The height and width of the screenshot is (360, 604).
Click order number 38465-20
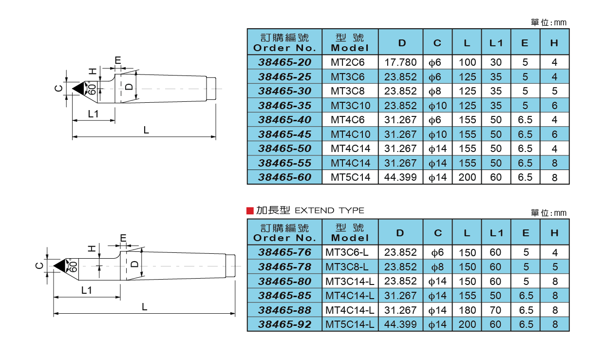pyautogui.click(x=284, y=62)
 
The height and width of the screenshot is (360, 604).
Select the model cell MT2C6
pyautogui.click(x=347, y=62)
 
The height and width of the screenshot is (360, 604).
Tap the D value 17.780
pyautogui.click(x=400, y=62)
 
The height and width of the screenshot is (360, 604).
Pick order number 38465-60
pyautogui.click(x=284, y=177)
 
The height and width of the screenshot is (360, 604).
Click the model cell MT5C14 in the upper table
pyautogui.click(x=350, y=177)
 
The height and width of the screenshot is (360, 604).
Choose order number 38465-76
pyautogui.click(x=284, y=252)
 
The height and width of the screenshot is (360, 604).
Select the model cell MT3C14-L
pyautogui.click(x=350, y=281)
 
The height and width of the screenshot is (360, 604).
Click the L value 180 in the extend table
pyautogui.click(x=467, y=310)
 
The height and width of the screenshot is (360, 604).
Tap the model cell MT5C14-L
pyautogui.click(x=350, y=324)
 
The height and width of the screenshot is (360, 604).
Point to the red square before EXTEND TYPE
pyautogui.click(x=250, y=210)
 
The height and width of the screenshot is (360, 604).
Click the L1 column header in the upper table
pyautogui.click(x=496, y=43)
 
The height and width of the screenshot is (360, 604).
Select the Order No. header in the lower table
pyautogui.click(x=284, y=233)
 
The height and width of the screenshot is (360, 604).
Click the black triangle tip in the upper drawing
pyautogui.click(x=78, y=89)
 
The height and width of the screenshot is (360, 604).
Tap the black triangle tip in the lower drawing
pyautogui.click(x=59, y=265)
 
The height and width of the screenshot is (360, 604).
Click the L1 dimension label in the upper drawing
pyautogui.click(x=94, y=114)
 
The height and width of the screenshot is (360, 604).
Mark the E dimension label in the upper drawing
pyautogui.click(x=117, y=60)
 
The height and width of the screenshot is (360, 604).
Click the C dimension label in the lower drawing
pyautogui.click(x=39, y=265)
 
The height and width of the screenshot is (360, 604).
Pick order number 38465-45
pyautogui.click(x=284, y=134)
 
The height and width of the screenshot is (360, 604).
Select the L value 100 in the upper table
pyautogui.click(x=467, y=62)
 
